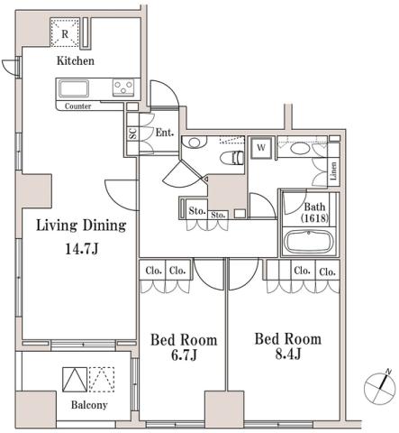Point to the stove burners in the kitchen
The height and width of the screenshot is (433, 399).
point(122,88)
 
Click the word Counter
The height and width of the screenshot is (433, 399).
point(78,106)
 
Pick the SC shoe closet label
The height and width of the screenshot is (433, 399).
point(131,134)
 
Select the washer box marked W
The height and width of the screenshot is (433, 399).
point(261,145)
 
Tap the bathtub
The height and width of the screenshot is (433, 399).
point(309,243)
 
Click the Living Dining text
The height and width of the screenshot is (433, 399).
point(80,226)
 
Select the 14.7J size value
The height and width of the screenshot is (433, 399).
point(80,246)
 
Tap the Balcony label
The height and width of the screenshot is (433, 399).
point(89,405)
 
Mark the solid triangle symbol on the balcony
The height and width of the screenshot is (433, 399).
point(74,378)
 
